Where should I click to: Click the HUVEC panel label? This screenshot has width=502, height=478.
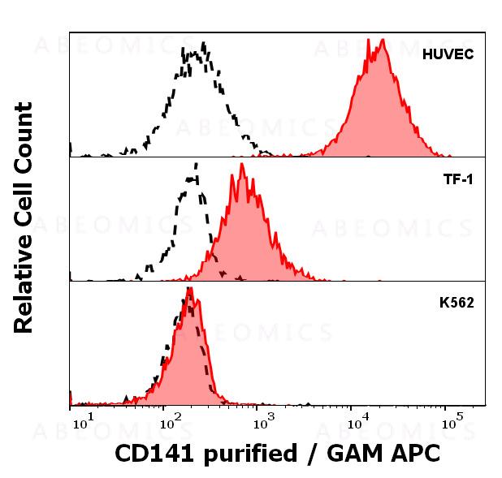coord(448,55)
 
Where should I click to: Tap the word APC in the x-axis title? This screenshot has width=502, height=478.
coord(413,453)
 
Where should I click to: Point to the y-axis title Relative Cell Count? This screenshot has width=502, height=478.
coord(24,217)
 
